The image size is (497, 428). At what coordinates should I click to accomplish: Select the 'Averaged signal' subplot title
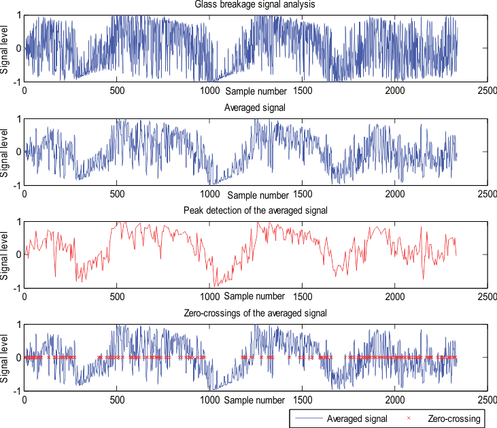point(256,108)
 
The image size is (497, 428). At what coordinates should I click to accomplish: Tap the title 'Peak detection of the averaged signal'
point(256,210)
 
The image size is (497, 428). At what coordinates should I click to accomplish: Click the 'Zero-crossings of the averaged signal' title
point(256,313)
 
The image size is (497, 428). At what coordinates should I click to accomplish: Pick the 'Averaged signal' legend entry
point(356,418)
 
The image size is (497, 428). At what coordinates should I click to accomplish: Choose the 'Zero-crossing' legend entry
point(453,418)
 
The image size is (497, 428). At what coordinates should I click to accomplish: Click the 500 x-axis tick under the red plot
point(117,297)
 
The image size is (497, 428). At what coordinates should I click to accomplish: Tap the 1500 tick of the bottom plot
point(302,399)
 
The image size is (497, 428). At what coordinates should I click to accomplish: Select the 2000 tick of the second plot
point(394,194)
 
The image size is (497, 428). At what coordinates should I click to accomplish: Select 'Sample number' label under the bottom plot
point(256,399)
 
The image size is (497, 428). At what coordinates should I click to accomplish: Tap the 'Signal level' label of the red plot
point(5,255)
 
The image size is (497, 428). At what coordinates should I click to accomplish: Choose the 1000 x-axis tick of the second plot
point(209,194)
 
